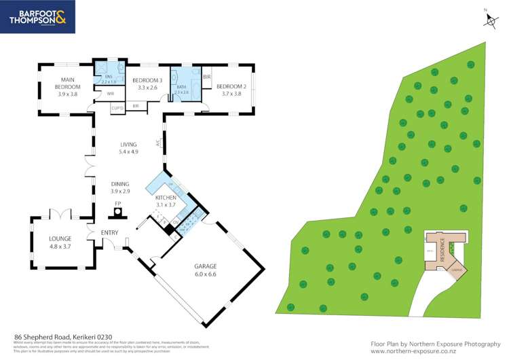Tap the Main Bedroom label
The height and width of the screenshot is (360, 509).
[x=67, y=87]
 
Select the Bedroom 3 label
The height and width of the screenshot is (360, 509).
[x=147, y=84]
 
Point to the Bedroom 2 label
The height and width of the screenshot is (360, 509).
[x=230, y=90]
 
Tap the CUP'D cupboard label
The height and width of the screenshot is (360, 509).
[x=117, y=107]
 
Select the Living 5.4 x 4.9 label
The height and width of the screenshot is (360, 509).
[x=128, y=148]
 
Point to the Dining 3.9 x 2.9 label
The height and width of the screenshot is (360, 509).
[x=120, y=188]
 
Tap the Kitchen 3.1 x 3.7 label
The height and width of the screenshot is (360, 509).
[x=166, y=200]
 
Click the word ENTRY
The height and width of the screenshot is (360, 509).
[x=109, y=234]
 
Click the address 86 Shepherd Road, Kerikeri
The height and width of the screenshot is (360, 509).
[x=63, y=337]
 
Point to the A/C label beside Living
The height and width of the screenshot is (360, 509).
[x=157, y=144]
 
